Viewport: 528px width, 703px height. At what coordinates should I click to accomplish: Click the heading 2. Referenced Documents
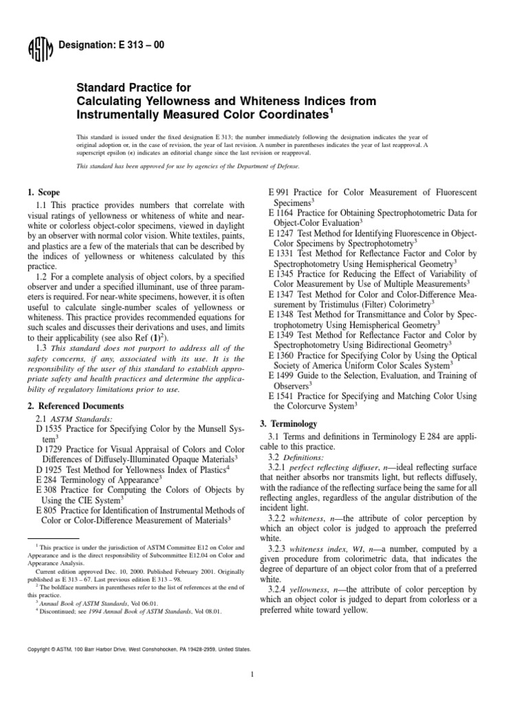click(x=79, y=406)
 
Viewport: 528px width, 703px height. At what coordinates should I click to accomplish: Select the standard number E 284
click(x=47, y=481)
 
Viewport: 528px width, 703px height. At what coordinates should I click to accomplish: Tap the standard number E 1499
click(x=283, y=376)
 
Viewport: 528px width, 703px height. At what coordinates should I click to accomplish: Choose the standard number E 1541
click(x=283, y=397)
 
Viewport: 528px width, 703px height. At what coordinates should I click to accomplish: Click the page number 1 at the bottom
click(x=253, y=675)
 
